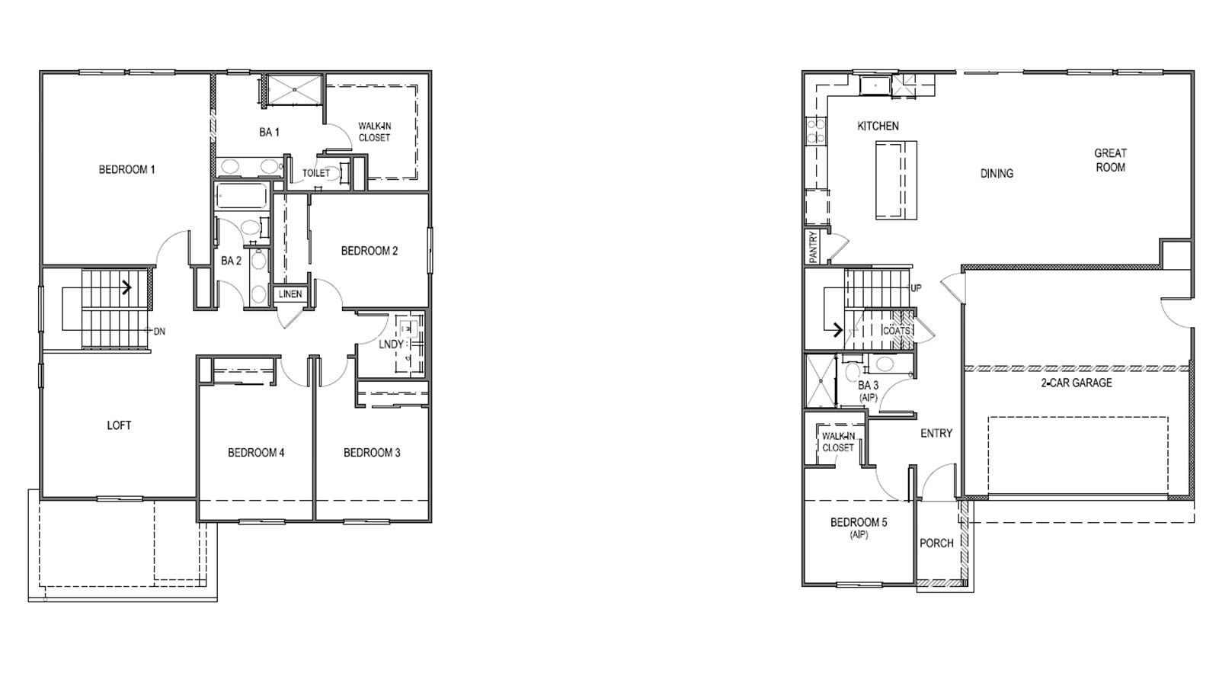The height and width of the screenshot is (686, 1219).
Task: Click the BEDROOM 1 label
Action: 126,169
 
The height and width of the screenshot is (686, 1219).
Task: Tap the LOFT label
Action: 119,425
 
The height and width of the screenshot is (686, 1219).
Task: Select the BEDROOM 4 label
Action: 256,453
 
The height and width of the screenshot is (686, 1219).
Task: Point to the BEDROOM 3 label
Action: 372,453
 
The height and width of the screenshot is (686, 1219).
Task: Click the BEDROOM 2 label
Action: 370,251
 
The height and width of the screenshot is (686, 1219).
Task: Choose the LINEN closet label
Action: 290,294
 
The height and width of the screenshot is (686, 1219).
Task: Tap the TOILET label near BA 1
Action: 316,173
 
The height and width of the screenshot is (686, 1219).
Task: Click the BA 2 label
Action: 231,261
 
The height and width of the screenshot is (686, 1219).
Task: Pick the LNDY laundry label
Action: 392,345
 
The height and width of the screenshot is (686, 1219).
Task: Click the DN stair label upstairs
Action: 159,332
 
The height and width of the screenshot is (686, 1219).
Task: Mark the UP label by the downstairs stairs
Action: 917,288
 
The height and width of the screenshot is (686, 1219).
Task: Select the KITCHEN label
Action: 878,126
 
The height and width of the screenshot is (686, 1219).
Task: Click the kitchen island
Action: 896,181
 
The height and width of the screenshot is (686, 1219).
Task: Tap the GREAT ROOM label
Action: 1110,160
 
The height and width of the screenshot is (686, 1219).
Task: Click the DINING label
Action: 997,174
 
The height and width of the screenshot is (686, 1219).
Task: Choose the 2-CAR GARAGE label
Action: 1077,383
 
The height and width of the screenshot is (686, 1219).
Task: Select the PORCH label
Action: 936,543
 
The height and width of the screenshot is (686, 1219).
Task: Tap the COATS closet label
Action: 897,331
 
